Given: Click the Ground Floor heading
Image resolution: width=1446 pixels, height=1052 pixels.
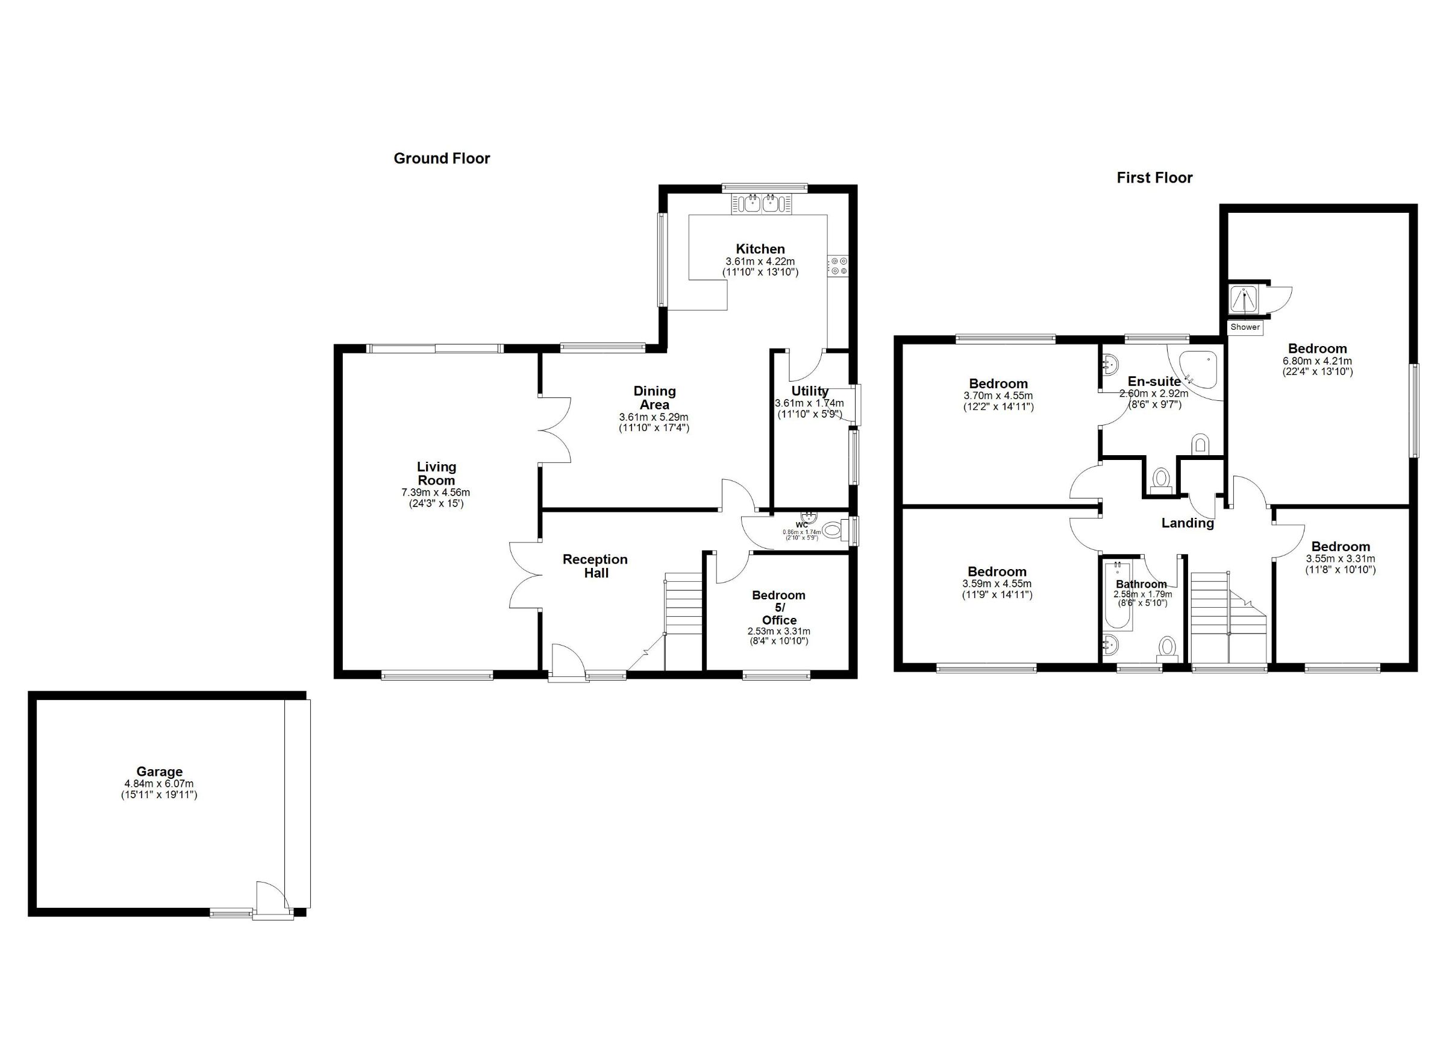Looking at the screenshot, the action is coord(441,158).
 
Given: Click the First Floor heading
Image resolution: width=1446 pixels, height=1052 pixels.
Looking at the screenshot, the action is coord(1154,177).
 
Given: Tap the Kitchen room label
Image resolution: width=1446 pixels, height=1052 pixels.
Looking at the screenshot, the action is coord(760,249).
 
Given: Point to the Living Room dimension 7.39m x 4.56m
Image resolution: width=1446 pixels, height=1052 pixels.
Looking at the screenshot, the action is coord(436,493).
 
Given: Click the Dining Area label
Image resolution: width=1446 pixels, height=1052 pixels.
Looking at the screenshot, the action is coord(654,397).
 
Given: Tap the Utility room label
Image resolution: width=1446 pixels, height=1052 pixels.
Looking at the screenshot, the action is coord(810,391).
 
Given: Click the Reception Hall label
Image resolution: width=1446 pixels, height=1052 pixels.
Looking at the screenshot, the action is coord(595,566).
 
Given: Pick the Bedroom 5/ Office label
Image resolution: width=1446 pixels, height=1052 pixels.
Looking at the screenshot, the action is coord(778,607).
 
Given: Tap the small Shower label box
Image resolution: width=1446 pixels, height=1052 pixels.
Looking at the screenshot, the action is coord(1245,327).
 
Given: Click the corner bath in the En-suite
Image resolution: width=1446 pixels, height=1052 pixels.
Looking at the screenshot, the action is coord(1198,370).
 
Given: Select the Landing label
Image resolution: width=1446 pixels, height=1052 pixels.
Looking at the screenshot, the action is coord(1187,523).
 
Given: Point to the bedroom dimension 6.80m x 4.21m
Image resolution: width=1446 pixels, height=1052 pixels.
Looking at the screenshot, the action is coord(1317,361).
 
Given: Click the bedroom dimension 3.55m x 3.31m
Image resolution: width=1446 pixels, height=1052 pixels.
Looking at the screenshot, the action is coord(1340,558).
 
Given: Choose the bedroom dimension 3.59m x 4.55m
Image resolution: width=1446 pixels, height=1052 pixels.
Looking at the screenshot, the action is coord(997,583).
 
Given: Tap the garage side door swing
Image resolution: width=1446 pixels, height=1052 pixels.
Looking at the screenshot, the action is coord(272,898).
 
